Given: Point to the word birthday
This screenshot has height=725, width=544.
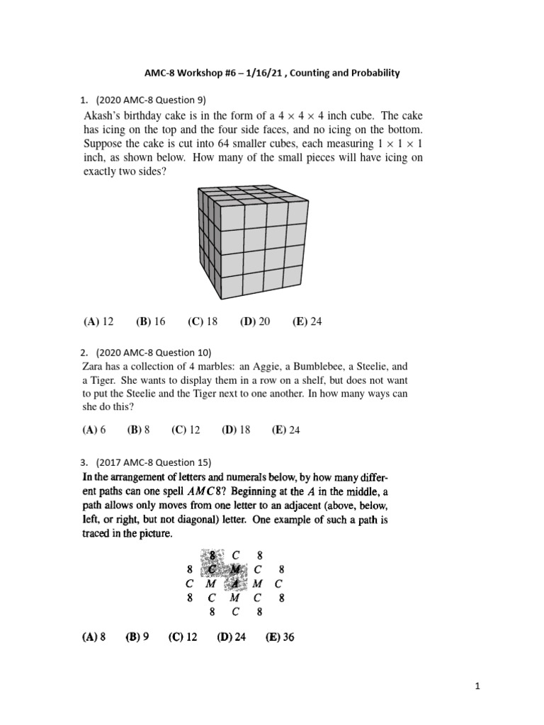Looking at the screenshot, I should point(156,115).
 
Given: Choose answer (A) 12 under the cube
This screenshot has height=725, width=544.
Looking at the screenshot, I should point(98,321).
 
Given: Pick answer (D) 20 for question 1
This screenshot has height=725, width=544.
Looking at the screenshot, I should point(255,321).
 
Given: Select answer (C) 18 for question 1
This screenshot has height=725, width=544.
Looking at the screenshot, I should point(203,321).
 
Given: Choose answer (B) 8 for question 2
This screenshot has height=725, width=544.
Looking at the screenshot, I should point(139,430).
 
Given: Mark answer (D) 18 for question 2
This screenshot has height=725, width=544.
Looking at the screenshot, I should point(236,430).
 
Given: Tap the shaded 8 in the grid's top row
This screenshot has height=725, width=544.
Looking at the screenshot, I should point(211,555).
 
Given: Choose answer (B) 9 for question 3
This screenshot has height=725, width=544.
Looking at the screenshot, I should point(137,636).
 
